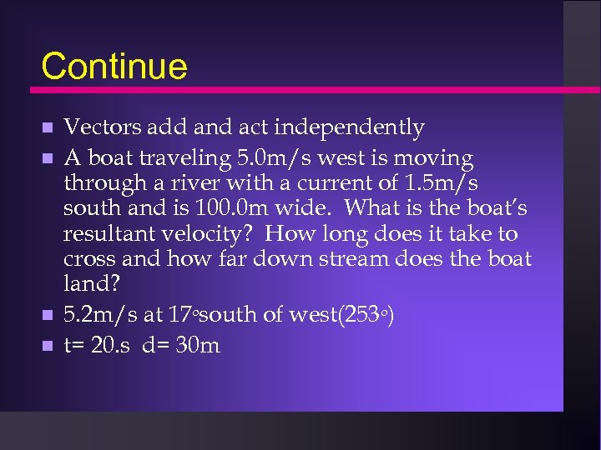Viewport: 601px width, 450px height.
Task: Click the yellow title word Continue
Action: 114,67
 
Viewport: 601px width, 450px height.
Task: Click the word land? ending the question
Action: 91,283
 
